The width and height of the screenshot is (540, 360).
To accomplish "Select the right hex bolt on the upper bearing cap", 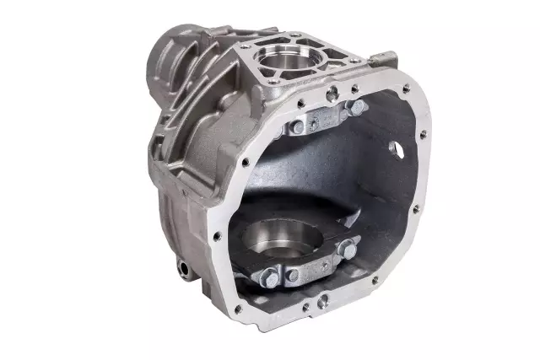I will (x=358, y=106).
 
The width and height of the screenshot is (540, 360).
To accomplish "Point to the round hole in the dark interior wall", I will (x=394, y=147).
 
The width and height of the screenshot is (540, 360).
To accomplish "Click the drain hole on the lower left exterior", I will (x=182, y=268).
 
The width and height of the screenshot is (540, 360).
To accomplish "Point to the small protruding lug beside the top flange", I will (x=389, y=57).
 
